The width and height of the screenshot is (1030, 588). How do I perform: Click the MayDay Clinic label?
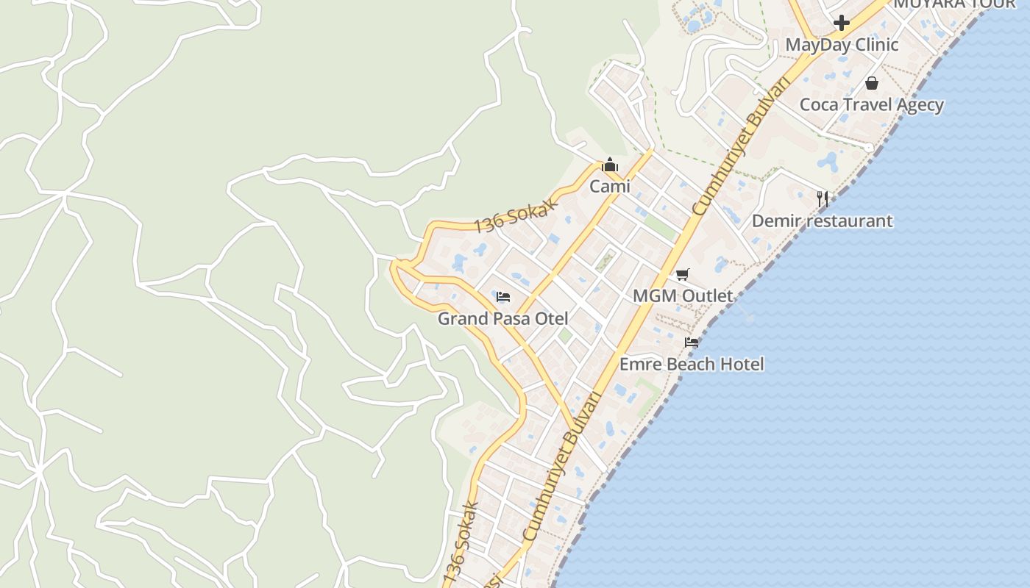tap(842, 45)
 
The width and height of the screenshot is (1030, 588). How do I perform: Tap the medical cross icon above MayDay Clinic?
tap(842, 23)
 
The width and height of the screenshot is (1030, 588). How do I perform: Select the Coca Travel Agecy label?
tap(871, 104)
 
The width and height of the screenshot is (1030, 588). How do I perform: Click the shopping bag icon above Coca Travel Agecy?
tap(872, 83)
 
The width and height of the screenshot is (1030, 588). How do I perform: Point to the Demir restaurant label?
tap(822, 220)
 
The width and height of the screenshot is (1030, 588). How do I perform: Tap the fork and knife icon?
tap(823, 198)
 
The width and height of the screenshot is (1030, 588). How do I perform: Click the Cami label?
tap(610, 187)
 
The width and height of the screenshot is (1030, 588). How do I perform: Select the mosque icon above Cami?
tap(610, 165)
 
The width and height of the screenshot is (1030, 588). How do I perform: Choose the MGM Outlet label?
tap(683, 296)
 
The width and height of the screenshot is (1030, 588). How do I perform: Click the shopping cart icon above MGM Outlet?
tap(683, 275)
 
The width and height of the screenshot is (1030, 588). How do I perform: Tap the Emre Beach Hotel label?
tap(692, 364)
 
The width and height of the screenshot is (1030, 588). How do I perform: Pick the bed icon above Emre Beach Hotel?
tap(692, 343)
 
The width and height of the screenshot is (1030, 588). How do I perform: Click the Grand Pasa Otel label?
tap(503, 318)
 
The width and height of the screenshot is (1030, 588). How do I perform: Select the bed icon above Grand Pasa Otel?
tap(503, 297)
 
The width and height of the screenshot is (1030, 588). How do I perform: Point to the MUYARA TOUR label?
tap(954, 4)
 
